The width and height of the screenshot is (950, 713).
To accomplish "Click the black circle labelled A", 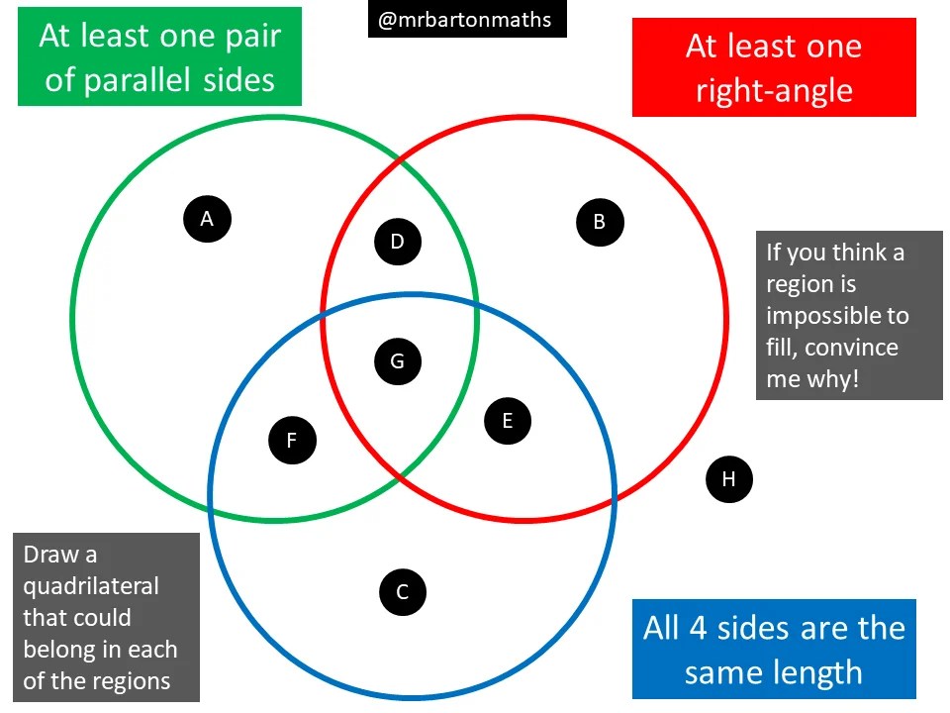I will click(207, 219).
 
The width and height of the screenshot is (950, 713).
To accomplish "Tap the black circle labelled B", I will click(600, 222).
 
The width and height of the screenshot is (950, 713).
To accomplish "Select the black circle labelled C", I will click(403, 592).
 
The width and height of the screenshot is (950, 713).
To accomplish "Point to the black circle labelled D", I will click(398, 242).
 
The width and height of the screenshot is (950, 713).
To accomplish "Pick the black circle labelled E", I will click(508, 421).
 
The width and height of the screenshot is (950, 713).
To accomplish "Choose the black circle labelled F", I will click(292, 441).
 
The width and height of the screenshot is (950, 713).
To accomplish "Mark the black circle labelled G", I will click(398, 361).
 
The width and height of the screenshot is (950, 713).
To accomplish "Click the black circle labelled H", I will click(729, 479).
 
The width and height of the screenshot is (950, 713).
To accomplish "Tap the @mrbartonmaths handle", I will click(465, 19).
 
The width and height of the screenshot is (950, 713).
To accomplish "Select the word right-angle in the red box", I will click(773, 91).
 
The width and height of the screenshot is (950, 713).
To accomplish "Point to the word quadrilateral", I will click(90, 585).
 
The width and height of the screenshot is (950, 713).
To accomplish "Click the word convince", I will click(857, 348).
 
